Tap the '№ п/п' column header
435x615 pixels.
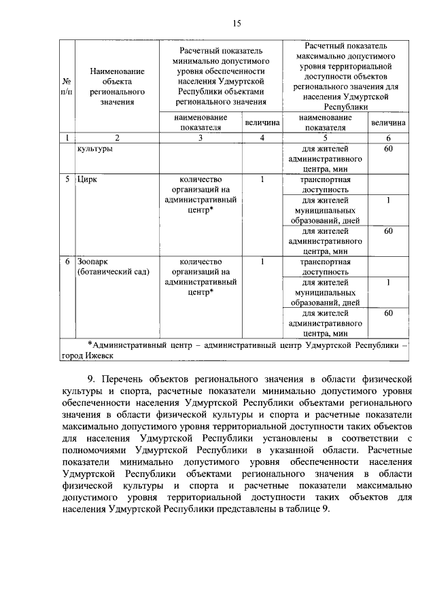click(x=67, y=86)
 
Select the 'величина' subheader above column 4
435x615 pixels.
click(x=262, y=123)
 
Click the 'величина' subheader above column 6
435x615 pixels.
click(x=388, y=123)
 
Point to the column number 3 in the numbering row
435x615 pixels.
click(x=200, y=139)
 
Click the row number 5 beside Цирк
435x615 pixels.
click(x=67, y=180)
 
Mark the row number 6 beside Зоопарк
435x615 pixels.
click(x=67, y=261)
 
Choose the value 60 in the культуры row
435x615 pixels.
click(x=388, y=149)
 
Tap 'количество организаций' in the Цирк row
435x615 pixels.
click(x=200, y=185)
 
